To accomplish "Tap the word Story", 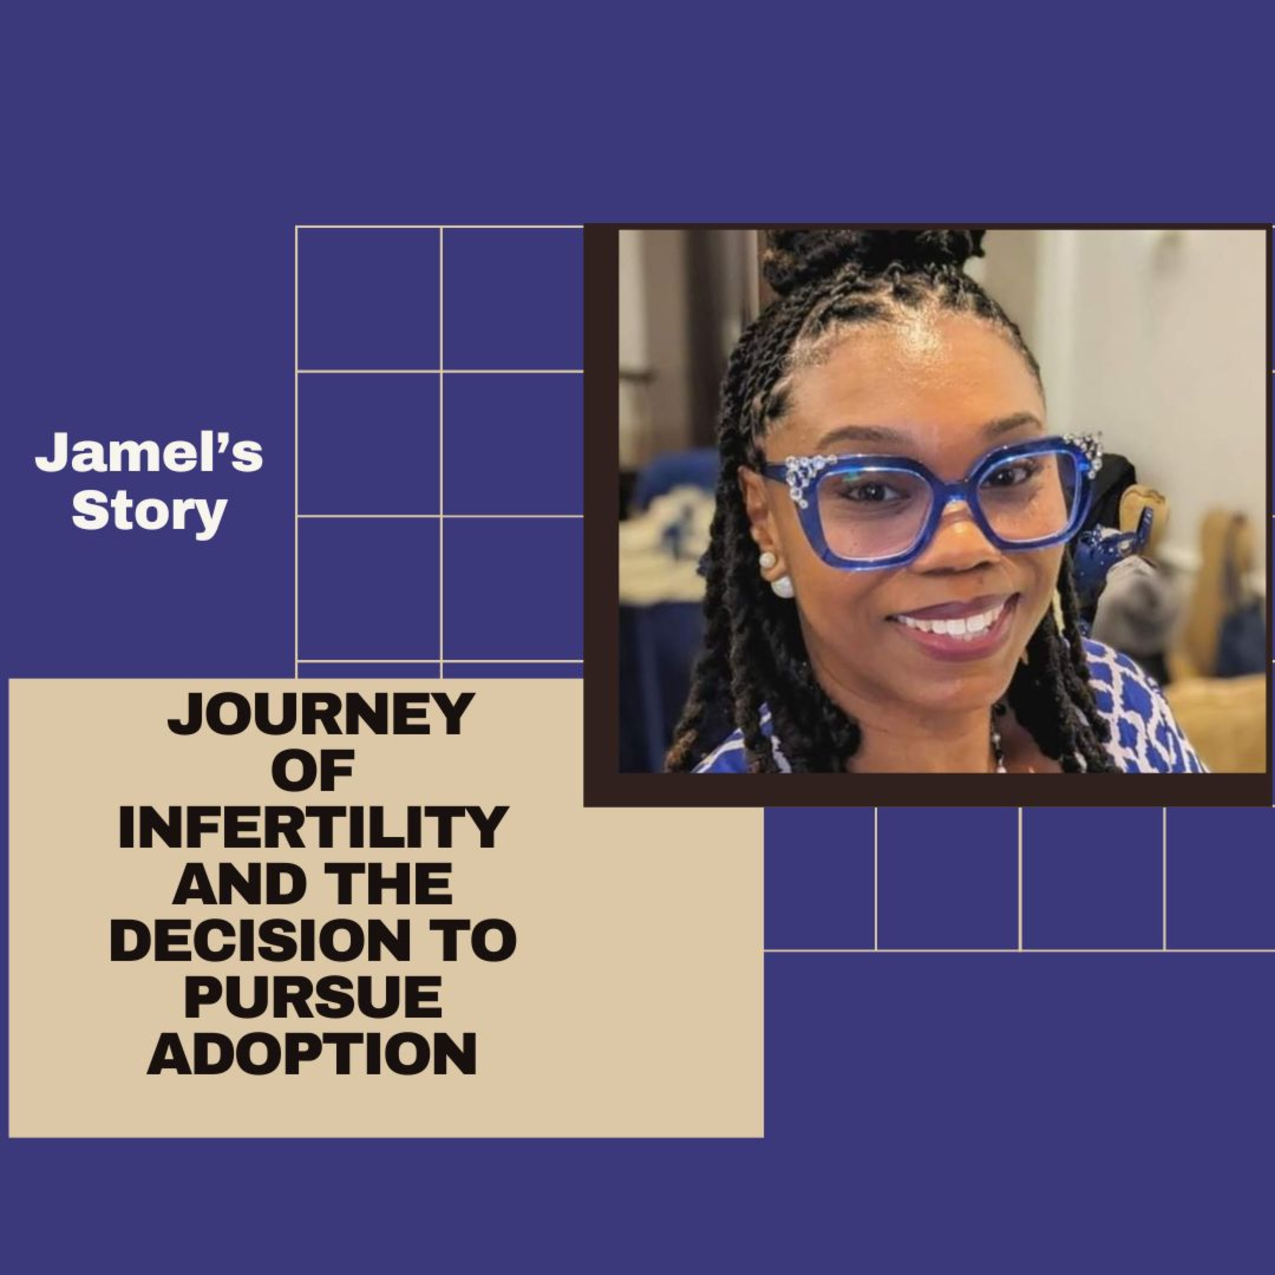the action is point(150,511).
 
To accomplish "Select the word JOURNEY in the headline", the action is point(321,714).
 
